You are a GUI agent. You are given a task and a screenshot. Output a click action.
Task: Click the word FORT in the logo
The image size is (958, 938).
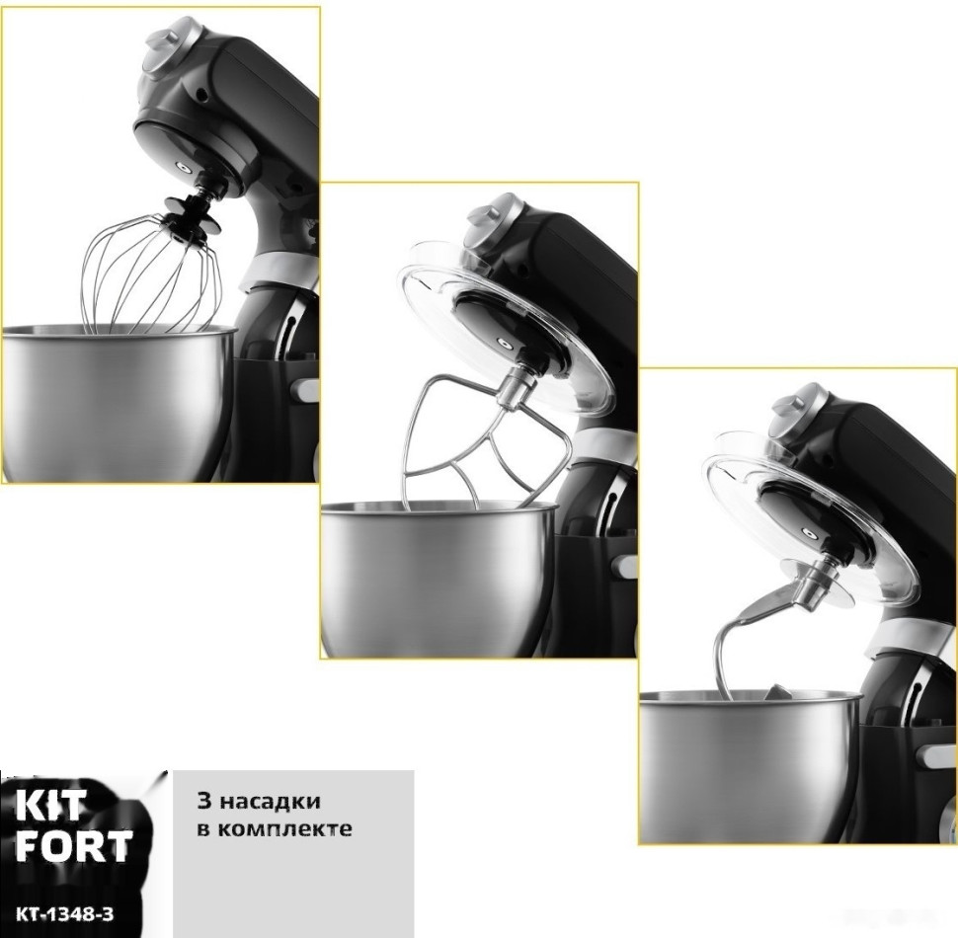[73, 845]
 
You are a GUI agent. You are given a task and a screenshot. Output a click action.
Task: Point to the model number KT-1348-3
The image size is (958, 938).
[64, 914]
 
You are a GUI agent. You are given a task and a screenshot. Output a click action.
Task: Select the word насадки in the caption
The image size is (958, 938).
[270, 801]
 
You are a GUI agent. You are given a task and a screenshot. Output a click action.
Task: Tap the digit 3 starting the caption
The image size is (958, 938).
[204, 801]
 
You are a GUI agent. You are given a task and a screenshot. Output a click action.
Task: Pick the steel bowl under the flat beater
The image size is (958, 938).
[439, 577]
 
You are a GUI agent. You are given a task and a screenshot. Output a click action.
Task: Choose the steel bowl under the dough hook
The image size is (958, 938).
[752, 766]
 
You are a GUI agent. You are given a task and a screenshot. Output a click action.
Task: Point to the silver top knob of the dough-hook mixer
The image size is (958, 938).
[799, 413]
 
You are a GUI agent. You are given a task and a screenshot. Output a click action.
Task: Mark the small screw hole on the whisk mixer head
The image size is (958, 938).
[201, 95]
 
